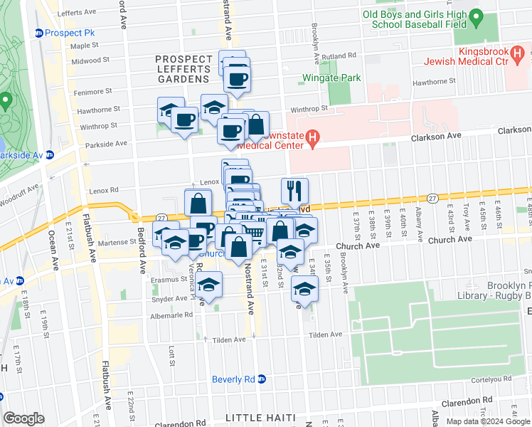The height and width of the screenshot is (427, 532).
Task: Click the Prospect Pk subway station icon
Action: tap(39, 33)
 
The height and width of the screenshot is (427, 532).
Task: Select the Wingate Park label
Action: tap(332, 78)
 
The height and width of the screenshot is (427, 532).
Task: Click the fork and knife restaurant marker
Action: tap(294, 191)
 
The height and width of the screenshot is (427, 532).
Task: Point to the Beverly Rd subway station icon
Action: tap(262, 379)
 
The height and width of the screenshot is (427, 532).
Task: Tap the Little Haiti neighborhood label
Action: tap(259, 416)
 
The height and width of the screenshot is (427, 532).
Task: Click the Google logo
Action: tap(24, 418)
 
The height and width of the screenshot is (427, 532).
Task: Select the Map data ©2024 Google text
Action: tap(489, 421)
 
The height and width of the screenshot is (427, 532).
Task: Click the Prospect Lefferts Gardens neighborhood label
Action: tap(183, 64)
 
